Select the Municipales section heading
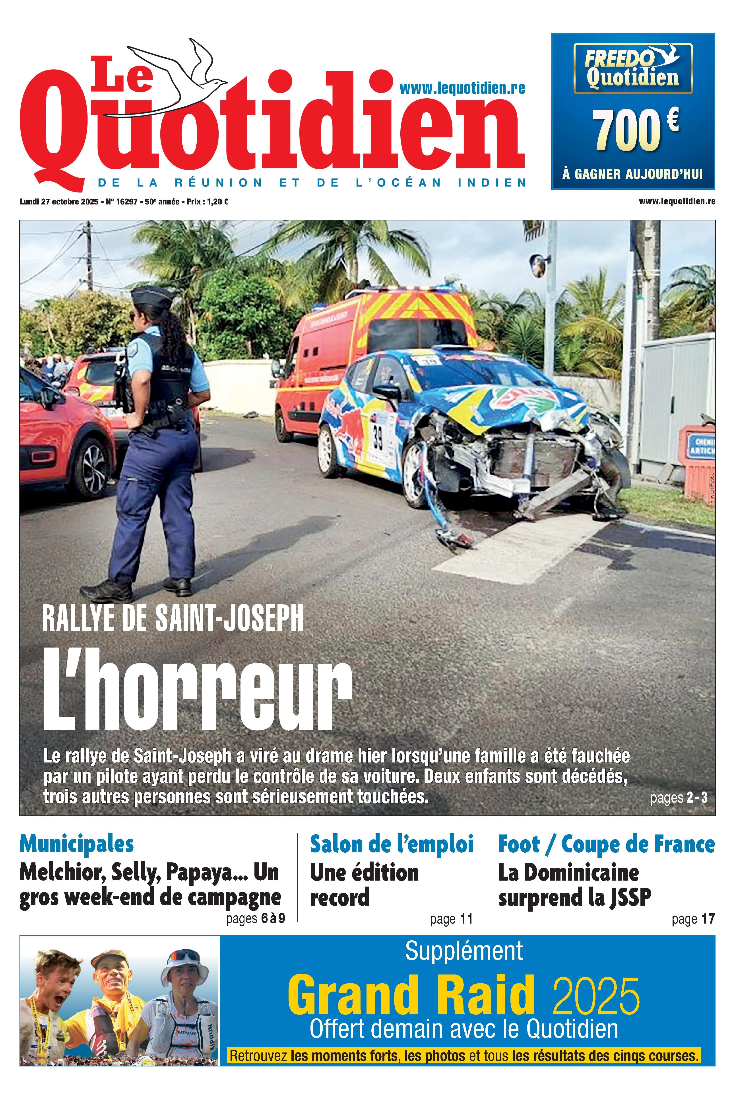(76, 844)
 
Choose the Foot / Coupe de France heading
(606, 844)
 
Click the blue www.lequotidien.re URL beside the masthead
(462, 88)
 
